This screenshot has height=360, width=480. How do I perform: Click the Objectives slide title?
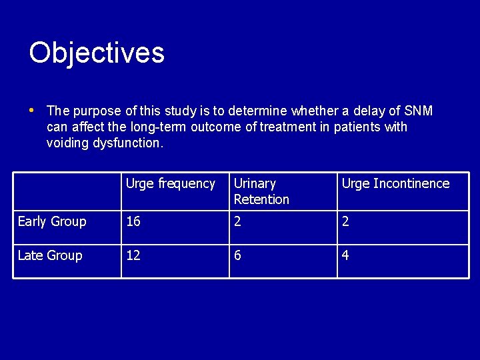[x=97, y=53]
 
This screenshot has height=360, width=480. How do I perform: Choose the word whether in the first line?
[x=313, y=111]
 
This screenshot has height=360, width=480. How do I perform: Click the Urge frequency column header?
[x=170, y=184]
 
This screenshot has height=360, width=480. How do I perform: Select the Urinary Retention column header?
[x=261, y=191]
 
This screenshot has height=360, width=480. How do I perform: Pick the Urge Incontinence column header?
[x=395, y=184]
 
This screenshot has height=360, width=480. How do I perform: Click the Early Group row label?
[x=52, y=222]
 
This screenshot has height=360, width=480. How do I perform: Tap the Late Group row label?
[x=50, y=256]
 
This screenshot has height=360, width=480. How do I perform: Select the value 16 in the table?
[x=133, y=222]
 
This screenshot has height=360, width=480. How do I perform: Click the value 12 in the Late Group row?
[x=133, y=256]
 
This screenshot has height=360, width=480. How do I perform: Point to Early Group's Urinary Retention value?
[x=238, y=222]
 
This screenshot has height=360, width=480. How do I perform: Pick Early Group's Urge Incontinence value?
[x=345, y=222]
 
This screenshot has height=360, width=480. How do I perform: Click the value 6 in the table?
[x=238, y=256]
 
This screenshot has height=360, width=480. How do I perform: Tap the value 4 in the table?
[x=345, y=256]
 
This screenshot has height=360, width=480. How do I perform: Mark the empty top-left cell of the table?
[x=67, y=191]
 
